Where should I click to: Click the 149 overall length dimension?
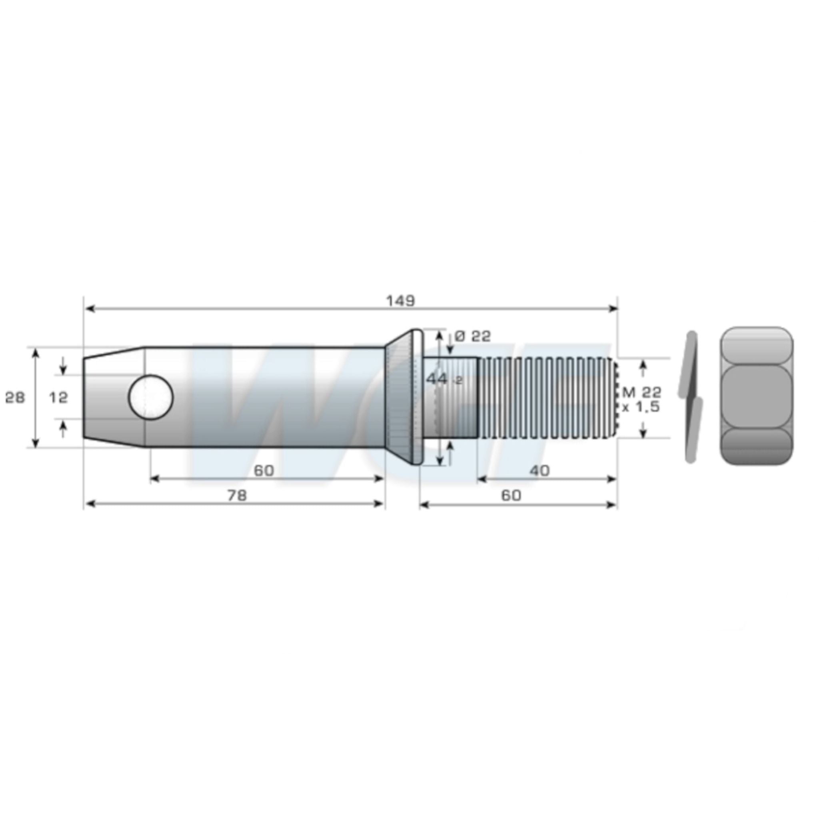click(400, 302)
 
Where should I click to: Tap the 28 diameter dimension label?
click(15, 398)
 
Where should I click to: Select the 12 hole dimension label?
click(58, 398)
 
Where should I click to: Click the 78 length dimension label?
click(237, 495)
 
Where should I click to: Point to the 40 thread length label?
click(539, 470)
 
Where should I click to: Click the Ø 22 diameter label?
click(472, 336)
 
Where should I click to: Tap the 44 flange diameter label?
click(443, 379)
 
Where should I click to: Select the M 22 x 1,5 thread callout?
click(641, 400)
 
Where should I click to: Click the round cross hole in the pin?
click(151, 397)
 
